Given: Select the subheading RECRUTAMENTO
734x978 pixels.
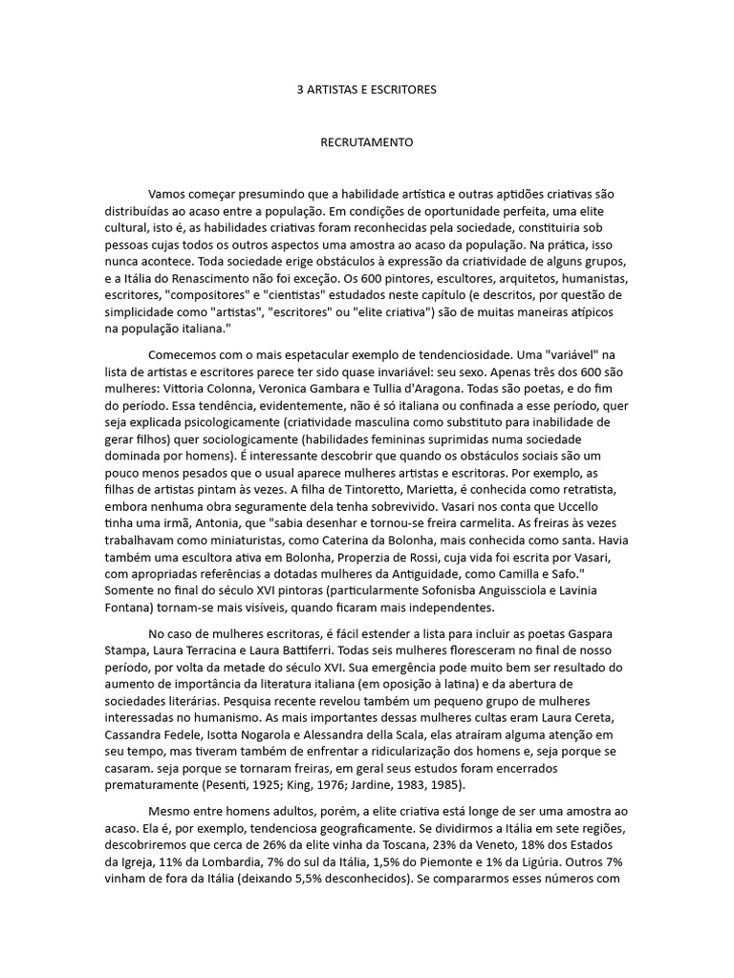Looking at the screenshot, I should point(366,141).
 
